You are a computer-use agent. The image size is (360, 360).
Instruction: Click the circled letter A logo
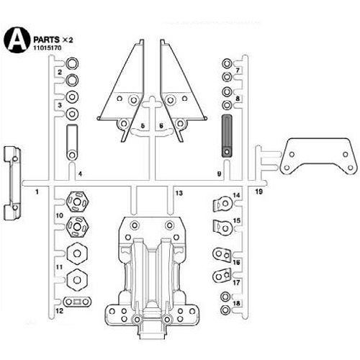click(x=17, y=40)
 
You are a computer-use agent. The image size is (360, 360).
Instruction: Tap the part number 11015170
click(x=48, y=48)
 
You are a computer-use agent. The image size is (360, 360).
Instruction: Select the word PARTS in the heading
click(x=46, y=40)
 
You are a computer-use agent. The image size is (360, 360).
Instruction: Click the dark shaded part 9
click(x=227, y=136)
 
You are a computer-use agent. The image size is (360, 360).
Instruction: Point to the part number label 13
click(x=179, y=193)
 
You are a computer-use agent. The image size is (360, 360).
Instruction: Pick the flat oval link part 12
click(x=77, y=302)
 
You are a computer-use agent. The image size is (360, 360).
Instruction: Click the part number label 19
click(x=258, y=192)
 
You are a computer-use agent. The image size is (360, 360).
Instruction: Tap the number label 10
click(x=59, y=215)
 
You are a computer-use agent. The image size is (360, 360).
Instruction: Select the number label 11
click(x=59, y=267)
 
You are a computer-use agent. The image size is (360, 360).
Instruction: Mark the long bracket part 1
click(x=12, y=183)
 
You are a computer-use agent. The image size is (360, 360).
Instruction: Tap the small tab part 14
click(x=222, y=204)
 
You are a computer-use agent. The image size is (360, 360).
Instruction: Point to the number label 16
click(x=236, y=262)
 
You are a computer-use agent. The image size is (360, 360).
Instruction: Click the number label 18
click(x=236, y=303)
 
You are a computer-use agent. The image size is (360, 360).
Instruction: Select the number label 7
click(x=238, y=71)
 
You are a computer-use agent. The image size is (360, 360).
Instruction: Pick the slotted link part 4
click(x=72, y=142)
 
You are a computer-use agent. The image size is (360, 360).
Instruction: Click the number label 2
click(x=60, y=72)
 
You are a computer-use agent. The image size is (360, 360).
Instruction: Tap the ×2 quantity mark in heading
click(x=68, y=40)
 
